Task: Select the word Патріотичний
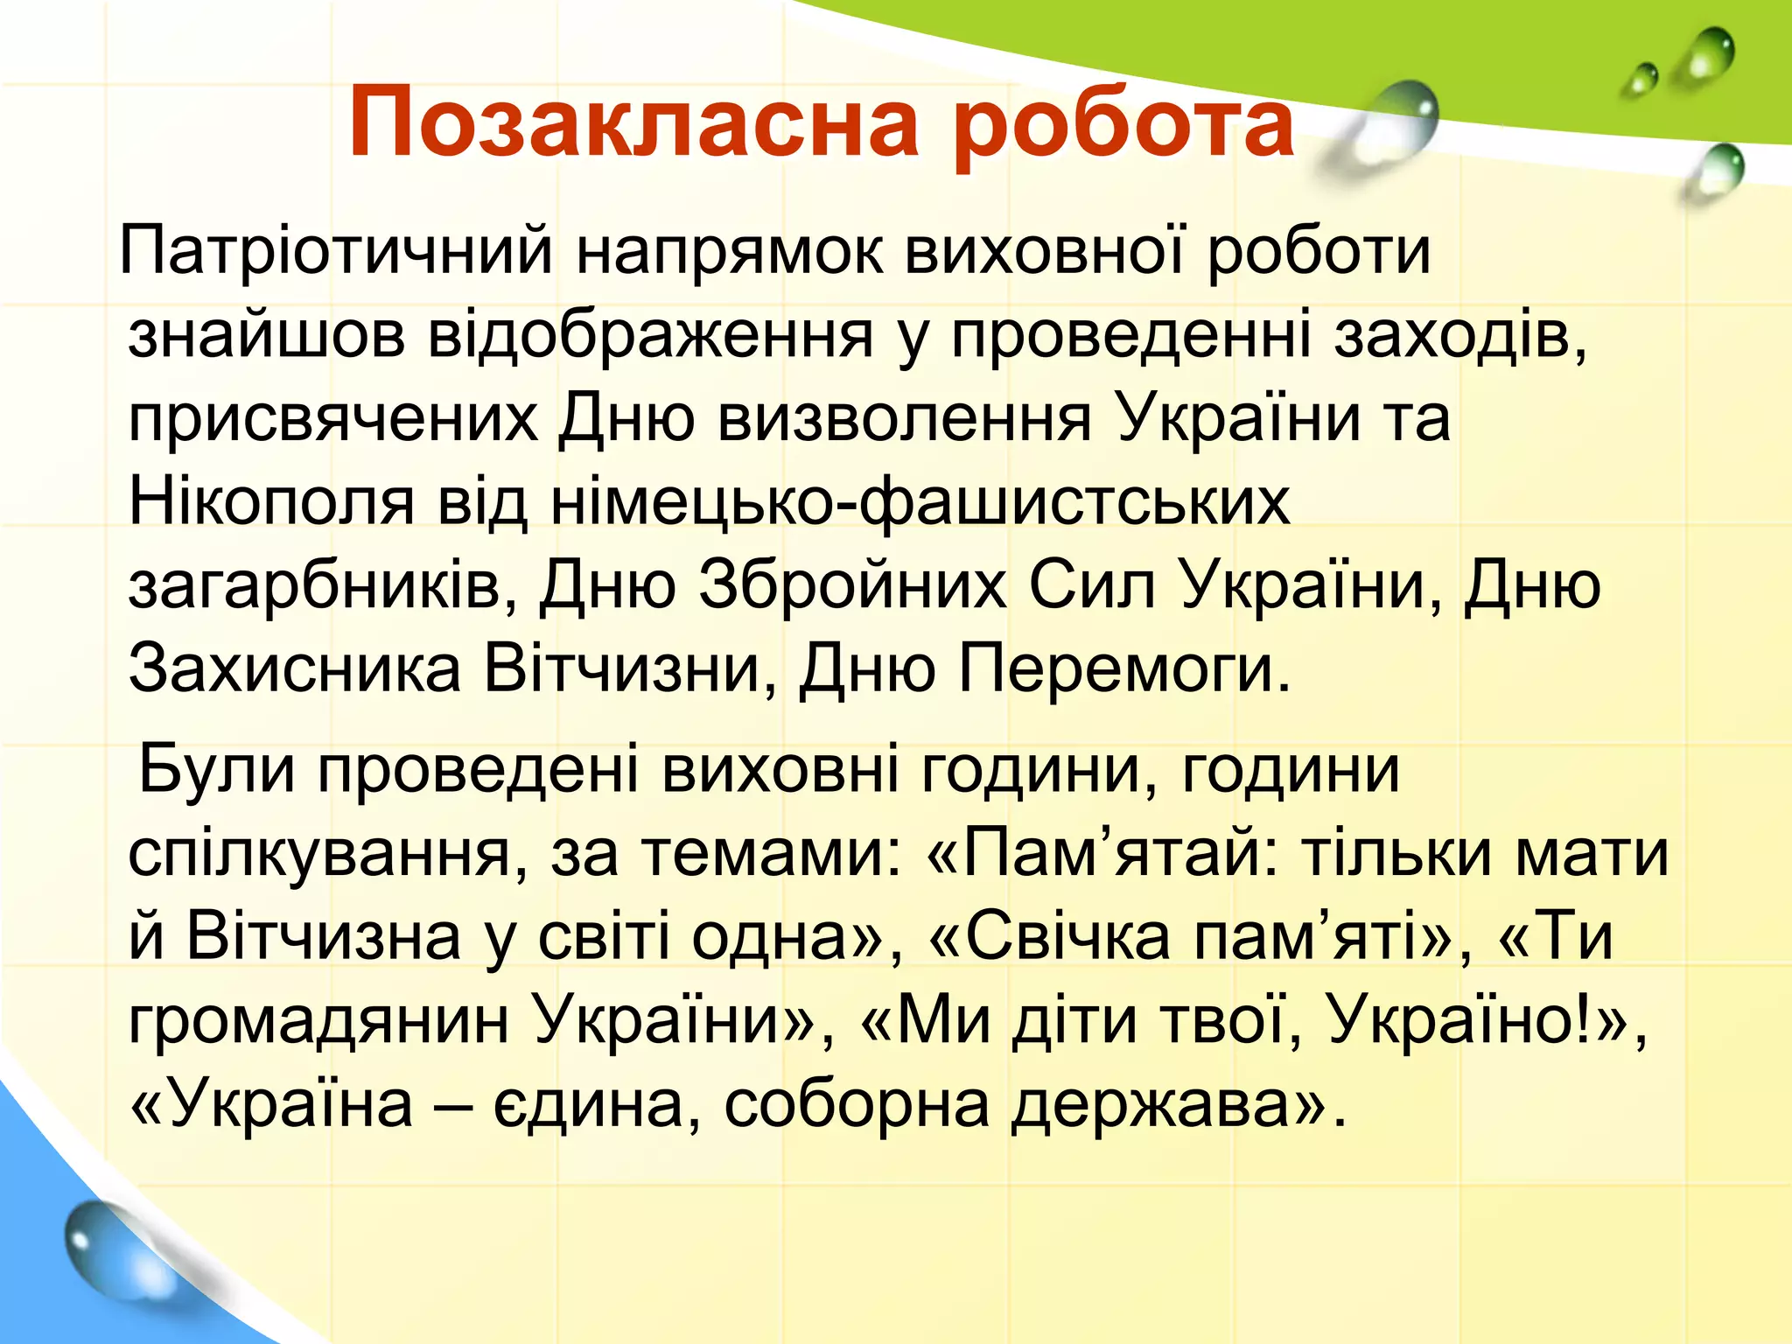pos(336,252)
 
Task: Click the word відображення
pos(651,336)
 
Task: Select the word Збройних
pos(852,584)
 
